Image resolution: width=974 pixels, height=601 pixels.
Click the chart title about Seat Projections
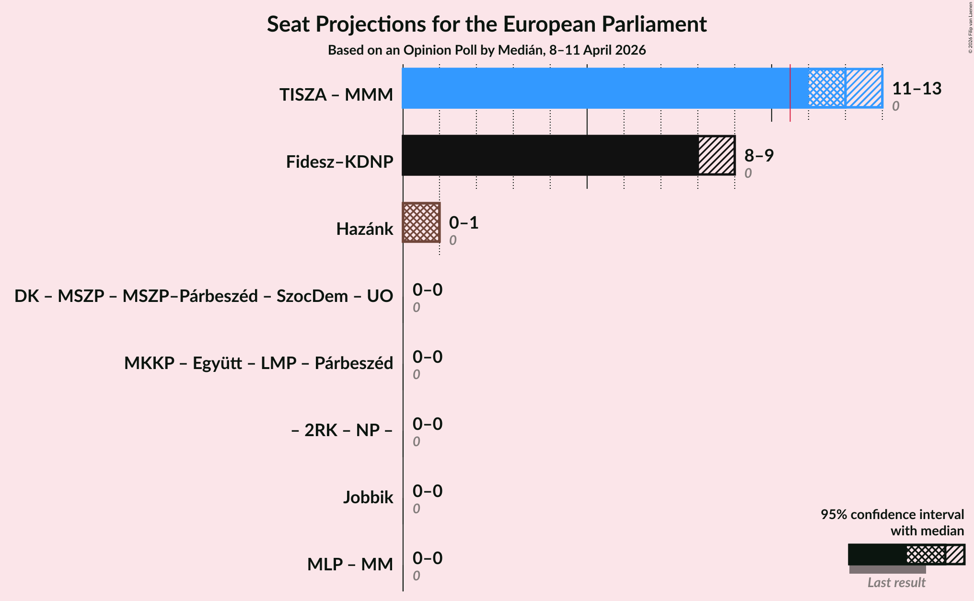tap(487, 24)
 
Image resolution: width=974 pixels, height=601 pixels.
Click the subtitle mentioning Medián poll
tap(487, 50)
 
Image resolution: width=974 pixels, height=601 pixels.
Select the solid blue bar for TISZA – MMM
tap(594, 88)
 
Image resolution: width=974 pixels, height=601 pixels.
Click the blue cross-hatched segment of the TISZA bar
tap(827, 88)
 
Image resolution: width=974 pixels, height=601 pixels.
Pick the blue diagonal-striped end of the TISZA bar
tap(864, 88)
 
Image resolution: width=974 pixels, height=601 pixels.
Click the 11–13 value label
tap(916, 89)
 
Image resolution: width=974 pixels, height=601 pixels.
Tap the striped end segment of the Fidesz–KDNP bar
tap(716, 155)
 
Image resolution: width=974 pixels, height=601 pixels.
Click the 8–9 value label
tap(759, 156)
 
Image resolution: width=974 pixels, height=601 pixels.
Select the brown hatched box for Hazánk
tap(421, 222)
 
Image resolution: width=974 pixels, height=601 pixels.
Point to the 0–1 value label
tap(464, 223)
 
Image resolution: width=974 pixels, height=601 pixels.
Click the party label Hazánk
tap(364, 229)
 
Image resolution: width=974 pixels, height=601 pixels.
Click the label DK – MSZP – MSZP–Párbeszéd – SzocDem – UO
tap(204, 296)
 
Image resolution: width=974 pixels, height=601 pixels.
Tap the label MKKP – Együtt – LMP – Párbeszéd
tap(258, 363)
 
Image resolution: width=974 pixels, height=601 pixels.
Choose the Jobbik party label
tap(368, 497)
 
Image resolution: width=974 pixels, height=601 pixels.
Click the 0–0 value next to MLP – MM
tap(428, 558)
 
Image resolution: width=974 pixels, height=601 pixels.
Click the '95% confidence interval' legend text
tap(892, 515)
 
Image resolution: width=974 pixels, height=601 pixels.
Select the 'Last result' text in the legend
tap(896, 583)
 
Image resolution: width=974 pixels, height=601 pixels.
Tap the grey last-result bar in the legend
tap(887, 569)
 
